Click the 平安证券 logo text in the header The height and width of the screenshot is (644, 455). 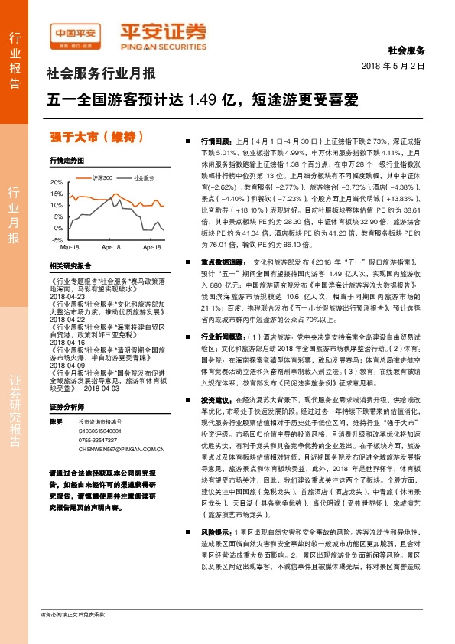164,31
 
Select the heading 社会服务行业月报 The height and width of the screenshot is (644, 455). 101,74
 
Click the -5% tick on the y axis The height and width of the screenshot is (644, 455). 59,239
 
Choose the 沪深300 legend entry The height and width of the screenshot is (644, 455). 102,177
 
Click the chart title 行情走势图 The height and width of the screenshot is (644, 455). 66,161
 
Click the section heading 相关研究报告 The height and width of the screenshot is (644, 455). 70,265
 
